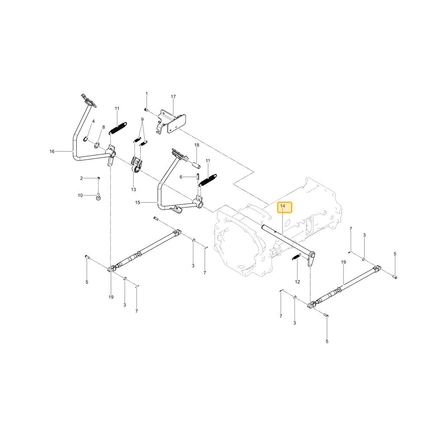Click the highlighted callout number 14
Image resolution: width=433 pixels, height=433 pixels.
coord(282,206)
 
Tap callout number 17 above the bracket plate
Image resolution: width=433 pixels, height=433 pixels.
coord(173,97)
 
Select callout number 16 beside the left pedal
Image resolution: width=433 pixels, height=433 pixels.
coord(52,151)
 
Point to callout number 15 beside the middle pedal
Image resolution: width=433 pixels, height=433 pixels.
coord(138,202)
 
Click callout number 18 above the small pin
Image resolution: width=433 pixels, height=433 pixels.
coord(197,145)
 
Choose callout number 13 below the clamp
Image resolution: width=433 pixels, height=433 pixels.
coord(133,190)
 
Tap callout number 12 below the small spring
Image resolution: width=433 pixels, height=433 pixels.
coord(297,282)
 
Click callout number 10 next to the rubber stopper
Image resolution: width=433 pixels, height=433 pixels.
coord(81,195)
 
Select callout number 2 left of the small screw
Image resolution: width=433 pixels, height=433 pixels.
coord(81,178)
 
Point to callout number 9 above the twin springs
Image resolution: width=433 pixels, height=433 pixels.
coord(142,120)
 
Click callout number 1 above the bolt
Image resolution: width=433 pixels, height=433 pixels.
coord(147,94)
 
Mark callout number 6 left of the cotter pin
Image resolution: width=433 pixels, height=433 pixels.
coord(181,177)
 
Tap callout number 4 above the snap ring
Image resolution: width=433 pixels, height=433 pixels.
coord(94,121)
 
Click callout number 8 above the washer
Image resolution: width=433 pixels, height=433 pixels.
coord(103,127)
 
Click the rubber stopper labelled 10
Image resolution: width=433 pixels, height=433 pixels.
coord(98,198)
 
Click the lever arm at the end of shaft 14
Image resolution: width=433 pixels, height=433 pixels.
coord(312,259)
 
